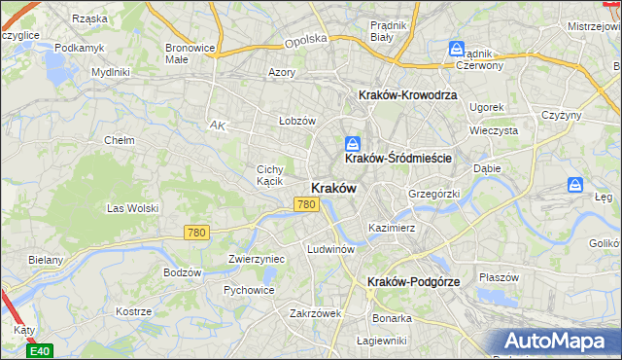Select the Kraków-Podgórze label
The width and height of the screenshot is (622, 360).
click(x=414, y=281)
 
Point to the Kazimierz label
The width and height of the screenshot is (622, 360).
click(x=392, y=228)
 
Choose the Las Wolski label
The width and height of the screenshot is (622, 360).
click(x=131, y=207)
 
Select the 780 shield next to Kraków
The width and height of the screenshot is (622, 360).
click(x=306, y=204)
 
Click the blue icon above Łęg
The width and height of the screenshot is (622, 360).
click(x=576, y=184)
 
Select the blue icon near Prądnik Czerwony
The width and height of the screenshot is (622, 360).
click(x=457, y=48)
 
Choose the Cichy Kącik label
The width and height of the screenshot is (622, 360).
click(x=269, y=174)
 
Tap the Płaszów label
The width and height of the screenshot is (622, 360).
click(x=500, y=276)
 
